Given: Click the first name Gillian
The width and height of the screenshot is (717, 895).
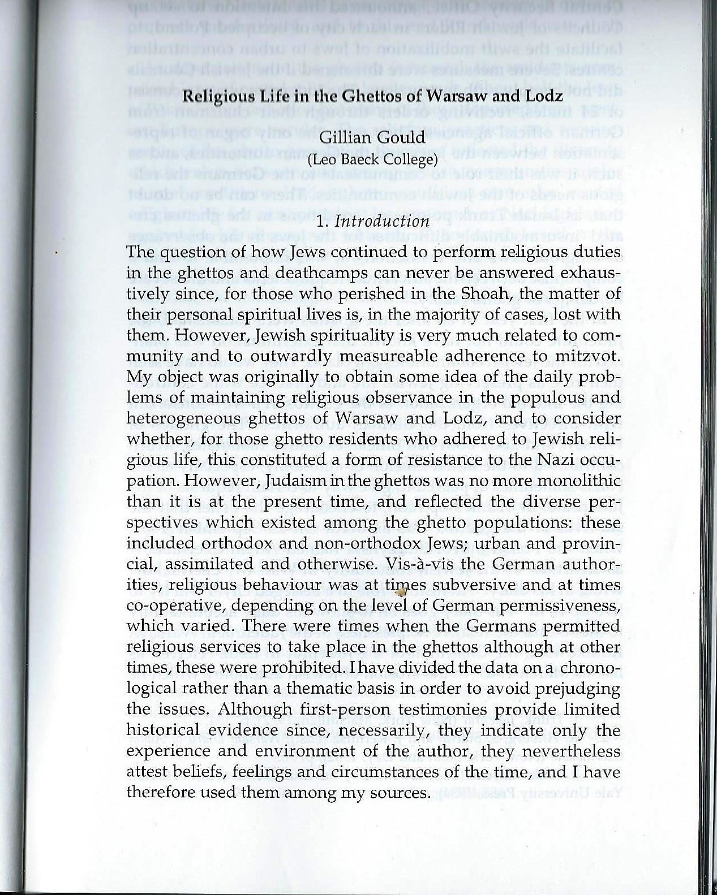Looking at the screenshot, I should tap(345, 139).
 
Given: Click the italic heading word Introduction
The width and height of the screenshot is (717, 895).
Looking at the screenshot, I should tap(382, 221).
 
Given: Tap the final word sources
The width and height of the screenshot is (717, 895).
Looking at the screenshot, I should tap(397, 792).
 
